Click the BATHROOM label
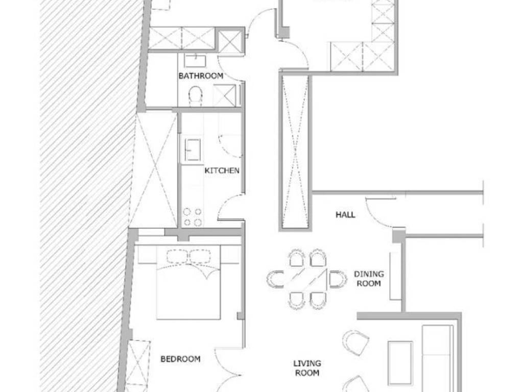coord(201,76)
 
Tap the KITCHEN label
coord(222,170)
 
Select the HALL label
coord(345,215)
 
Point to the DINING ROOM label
coord(369,279)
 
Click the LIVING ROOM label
coord(307,368)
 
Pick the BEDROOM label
coord(180,359)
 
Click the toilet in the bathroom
coord(196,95)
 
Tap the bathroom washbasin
coord(195,61)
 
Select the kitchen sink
coord(193,150)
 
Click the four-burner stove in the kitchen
coord(193,217)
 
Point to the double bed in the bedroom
coord(188,282)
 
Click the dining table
coord(306,279)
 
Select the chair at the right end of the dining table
coord(338,279)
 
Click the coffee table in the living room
coord(400,363)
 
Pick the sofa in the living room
coord(438,358)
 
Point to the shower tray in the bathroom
coord(225,95)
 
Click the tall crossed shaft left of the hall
coord(295,152)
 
